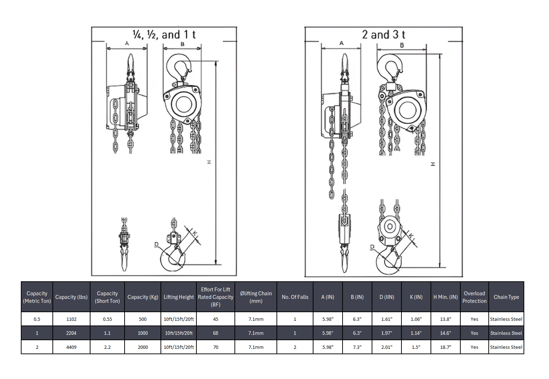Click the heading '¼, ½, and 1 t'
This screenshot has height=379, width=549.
pyautogui.click(x=164, y=35)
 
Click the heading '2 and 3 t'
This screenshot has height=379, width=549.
pyautogui.click(x=383, y=35)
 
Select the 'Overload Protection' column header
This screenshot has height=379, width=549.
pyautogui.click(x=474, y=297)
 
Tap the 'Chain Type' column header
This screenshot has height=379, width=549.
pyautogui.click(x=506, y=297)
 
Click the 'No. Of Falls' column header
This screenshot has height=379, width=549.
pyautogui.click(x=295, y=297)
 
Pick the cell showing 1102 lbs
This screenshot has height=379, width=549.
pyautogui.click(x=71, y=319)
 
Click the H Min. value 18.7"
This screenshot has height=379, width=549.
pyautogui.click(x=445, y=347)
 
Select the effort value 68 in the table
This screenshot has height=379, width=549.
pyautogui.click(x=215, y=333)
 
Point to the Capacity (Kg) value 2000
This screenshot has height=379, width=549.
pyautogui.click(x=143, y=347)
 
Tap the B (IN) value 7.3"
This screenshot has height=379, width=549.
pyautogui.click(x=357, y=347)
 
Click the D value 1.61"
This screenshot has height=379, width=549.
pyautogui.click(x=386, y=319)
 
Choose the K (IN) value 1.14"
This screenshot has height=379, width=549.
pyautogui.click(x=416, y=333)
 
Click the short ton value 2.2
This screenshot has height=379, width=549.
pyautogui.click(x=107, y=347)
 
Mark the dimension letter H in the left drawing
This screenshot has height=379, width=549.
pyautogui.click(x=209, y=162)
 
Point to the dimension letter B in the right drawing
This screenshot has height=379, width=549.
pyautogui.click(x=402, y=45)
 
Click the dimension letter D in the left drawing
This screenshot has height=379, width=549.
pyautogui.click(x=156, y=244)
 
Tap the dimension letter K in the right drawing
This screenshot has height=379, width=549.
pyautogui.click(x=411, y=236)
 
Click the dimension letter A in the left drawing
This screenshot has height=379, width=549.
pyautogui.click(x=127, y=43)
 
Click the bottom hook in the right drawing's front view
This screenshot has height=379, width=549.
pyautogui.click(x=387, y=260)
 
